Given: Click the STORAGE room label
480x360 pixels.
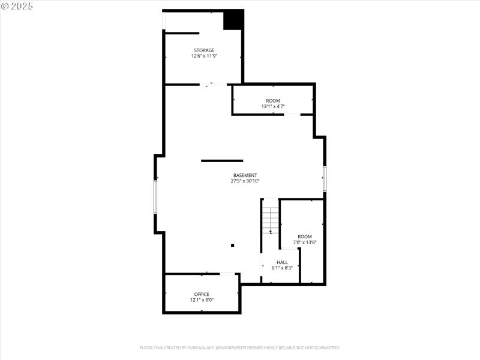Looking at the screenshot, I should [x=204, y=50].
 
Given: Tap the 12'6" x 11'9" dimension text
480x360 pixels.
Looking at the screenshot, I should [x=204, y=56].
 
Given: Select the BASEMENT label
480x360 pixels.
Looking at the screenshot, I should [x=245, y=175].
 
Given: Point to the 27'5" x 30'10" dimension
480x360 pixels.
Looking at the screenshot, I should [x=245, y=181].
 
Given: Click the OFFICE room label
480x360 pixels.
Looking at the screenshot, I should [x=202, y=294].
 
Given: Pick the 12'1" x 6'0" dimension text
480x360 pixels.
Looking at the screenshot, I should [x=202, y=299].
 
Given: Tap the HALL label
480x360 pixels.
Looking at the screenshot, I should [x=282, y=262].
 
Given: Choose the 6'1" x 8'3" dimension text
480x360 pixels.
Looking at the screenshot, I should [x=282, y=268].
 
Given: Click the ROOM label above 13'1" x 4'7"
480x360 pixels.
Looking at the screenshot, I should [x=273, y=101].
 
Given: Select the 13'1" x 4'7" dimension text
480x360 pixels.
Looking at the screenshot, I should [x=273, y=106].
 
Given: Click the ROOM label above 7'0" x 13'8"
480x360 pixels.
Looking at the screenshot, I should [x=305, y=237].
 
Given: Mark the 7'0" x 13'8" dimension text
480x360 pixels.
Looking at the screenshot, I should [x=305, y=242].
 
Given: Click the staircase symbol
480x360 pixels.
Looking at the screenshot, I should [x=271, y=220].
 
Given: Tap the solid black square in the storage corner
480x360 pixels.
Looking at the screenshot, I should [x=233, y=20].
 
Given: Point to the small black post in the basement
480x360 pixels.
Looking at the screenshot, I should [x=233, y=245].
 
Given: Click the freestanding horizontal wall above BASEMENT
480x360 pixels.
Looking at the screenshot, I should [x=222, y=161].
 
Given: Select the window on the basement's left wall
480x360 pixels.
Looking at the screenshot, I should [x=155, y=197].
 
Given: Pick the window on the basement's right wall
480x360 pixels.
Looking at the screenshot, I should [x=325, y=179].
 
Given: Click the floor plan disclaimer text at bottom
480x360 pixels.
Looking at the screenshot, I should [x=240, y=347].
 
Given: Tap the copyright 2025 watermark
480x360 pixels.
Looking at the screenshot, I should [x=17, y=5].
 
